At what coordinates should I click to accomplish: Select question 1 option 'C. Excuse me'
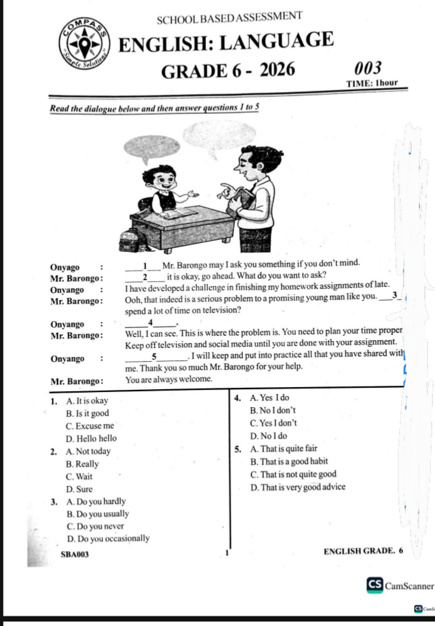90,426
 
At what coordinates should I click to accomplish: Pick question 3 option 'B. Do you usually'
97,513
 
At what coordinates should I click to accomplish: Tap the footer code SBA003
75,553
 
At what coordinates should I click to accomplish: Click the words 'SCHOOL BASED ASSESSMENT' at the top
230,16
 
